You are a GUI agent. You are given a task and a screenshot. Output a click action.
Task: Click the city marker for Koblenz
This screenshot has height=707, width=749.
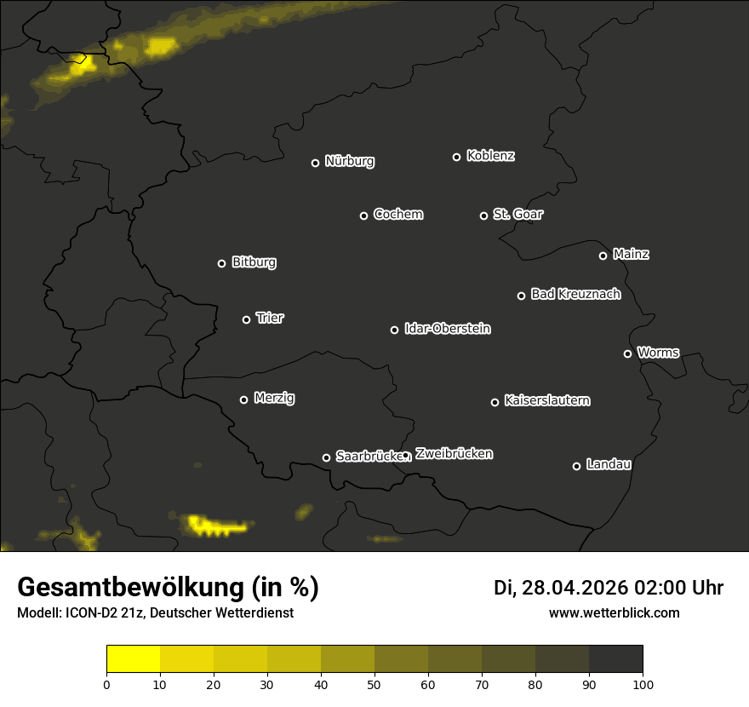[456, 157]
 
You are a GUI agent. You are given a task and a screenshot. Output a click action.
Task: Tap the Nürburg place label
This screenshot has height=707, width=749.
[349, 161]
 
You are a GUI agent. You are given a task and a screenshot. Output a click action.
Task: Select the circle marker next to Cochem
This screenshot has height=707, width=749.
[363, 216]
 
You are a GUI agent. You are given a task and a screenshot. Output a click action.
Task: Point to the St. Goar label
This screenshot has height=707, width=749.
[517, 214]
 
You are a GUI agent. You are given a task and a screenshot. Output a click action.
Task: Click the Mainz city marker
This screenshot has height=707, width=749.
[603, 256]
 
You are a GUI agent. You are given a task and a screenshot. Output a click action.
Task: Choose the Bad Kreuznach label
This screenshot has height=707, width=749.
[575, 294]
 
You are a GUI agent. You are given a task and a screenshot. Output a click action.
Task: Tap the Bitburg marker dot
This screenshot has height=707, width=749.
[221, 263]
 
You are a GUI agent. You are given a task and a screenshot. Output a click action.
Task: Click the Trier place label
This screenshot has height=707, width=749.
[270, 318]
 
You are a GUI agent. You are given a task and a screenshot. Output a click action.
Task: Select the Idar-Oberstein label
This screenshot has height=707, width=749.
[447, 328]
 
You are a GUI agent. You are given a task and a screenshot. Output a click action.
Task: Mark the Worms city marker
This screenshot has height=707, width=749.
[627, 353]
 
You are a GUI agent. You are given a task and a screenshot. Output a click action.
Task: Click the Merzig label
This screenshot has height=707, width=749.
[274, 398]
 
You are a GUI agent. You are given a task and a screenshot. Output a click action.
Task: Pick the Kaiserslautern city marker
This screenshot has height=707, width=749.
[495, 402]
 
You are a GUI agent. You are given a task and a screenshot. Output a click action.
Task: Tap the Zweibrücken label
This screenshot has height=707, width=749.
[454, 453]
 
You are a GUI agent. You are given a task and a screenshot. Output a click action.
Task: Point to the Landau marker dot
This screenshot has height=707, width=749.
[576, 466]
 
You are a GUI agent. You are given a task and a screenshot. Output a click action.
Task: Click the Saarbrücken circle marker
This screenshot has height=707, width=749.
[326, 457]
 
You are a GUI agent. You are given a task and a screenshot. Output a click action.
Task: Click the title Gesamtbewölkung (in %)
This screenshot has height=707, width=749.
[168, 587]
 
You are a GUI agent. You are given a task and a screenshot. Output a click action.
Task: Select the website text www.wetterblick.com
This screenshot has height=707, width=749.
[614, 612]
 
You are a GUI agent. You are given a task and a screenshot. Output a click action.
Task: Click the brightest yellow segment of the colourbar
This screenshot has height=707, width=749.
[133, 659]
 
